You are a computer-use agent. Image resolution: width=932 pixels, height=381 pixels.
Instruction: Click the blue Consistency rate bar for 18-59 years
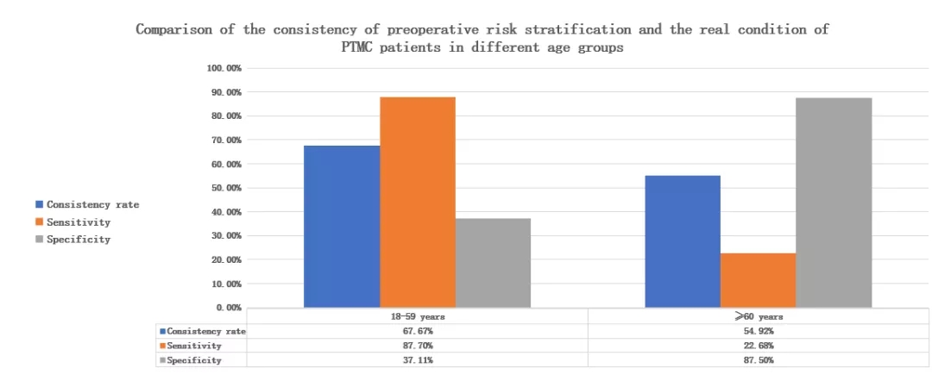coord(342,226)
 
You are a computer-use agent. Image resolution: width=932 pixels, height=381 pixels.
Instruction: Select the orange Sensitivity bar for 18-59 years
coord(418,202)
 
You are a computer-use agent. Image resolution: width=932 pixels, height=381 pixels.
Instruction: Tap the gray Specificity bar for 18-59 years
coord(493,262)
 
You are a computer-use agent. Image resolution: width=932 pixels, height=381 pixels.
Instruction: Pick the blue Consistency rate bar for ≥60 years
coord(683,241)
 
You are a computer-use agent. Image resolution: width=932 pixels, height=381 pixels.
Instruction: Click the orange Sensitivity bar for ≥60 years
coord(759,279)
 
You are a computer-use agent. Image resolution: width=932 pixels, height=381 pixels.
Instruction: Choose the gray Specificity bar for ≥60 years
coord(834,202)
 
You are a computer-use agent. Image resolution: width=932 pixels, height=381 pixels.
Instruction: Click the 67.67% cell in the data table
coord(417,331)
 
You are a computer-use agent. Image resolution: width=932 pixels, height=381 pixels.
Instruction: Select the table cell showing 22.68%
coord(759,346)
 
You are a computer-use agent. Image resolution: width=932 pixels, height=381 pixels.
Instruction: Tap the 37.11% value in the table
coord(417,360)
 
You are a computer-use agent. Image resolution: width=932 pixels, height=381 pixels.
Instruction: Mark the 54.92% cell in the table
coord(759,331)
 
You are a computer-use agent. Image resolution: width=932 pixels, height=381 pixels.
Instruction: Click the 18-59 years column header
coord(417,316)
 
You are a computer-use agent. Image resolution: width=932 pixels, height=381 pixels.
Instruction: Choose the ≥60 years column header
coord(759,316)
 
